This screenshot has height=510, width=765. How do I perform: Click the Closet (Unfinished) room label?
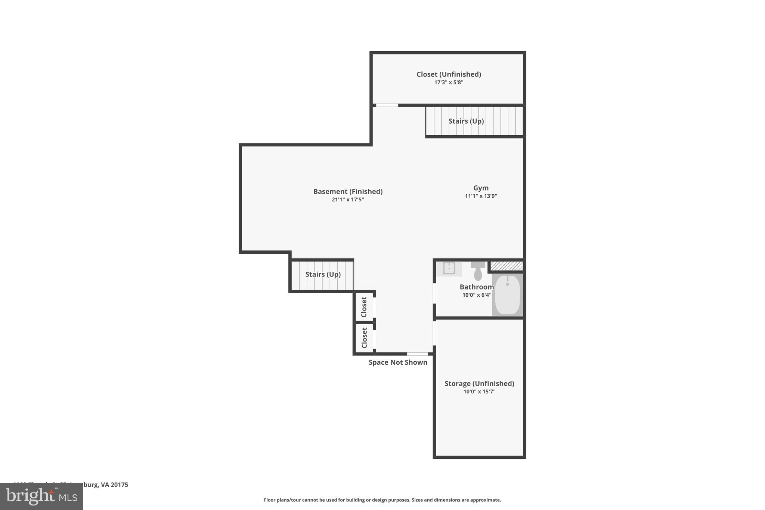click(x=449, y=74)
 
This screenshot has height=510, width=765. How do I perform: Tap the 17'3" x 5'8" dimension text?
click(x=449, y=82)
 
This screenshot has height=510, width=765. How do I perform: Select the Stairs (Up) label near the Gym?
click(x=466, y=121)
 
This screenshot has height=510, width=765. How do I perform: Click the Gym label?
click(x=481, y=188)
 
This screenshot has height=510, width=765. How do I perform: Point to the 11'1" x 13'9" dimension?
click(x=481, y=196)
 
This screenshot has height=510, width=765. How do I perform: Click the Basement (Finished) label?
click(x=348, y=191)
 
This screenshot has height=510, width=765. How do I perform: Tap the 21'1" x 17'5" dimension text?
click(x=348, y=200)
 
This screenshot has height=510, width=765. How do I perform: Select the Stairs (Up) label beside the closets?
click(x=323, y=274)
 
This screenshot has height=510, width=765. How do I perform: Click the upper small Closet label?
click(x=364, y=307)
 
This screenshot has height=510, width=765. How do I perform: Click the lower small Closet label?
click(x=364, y=338)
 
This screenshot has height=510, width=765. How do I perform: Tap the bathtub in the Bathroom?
click(x=507, y=295)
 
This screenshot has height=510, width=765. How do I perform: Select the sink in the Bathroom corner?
click(x=449, y=268)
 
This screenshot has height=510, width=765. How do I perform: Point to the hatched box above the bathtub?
click(x=507, y=266)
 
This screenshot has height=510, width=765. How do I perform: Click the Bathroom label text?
click(x=477, y=287)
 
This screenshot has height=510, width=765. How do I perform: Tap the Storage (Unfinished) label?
click(x=479, y=383)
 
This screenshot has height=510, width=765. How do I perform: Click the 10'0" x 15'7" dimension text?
click(x=479, y=392)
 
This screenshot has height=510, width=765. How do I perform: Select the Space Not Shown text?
click(x=398, y=362)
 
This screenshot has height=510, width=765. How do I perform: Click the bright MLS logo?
click(x=41, y=497)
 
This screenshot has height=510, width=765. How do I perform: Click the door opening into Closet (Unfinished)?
click(x=387, y=105)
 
